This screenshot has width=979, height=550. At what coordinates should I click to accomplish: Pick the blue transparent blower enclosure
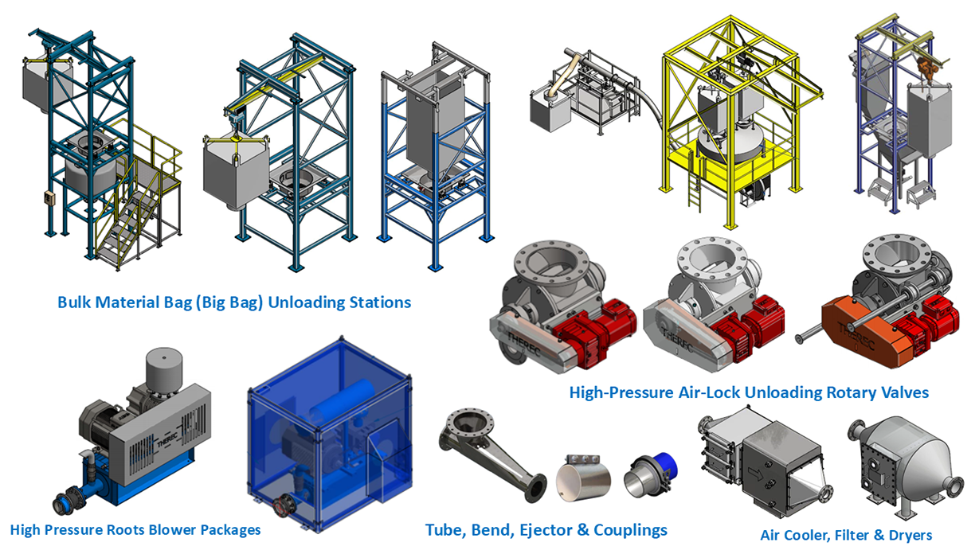point(330,435)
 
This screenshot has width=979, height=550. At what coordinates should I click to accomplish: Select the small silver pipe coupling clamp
point(583,479)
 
